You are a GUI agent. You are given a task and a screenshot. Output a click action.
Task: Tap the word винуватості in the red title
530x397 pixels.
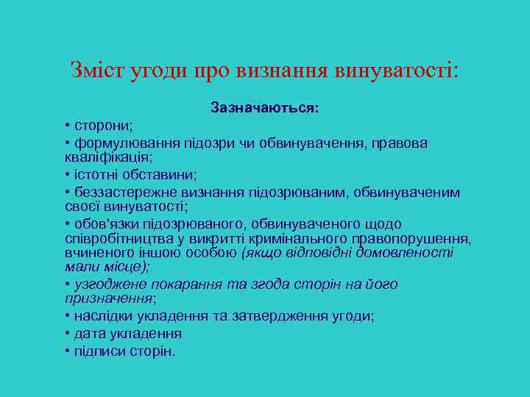coord(396,71)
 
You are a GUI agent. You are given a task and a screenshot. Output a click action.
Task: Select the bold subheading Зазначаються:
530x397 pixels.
coord(265,108)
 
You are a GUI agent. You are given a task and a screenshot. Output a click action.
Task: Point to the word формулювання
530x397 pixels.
coord(121,143)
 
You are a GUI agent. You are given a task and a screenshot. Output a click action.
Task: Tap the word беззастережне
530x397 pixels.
coord(122,193)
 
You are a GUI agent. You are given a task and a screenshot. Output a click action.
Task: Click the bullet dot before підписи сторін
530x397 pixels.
coord(67,351)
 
